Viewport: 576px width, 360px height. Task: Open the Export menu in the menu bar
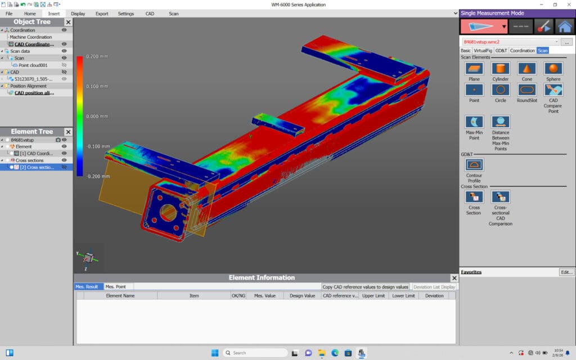coord(102,13)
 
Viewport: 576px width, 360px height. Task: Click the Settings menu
coord(126,13)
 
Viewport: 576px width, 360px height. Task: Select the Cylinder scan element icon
coord(500,69)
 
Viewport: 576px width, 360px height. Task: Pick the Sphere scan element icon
coord(553,69)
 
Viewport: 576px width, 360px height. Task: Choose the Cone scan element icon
coord(526,69)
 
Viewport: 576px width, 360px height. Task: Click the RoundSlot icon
coord(526,90)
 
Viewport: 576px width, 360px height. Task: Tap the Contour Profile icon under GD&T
coord(474,165)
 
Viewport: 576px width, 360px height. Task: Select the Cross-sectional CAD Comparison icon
coord(500,197)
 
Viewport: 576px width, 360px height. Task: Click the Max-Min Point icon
coord(474,121)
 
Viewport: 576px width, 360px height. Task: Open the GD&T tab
coord(501,51)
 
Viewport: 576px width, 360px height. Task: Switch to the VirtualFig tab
coord(483,51)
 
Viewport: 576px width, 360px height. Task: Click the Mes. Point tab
coord(116,287)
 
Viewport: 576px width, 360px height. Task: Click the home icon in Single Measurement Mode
coord(565,26)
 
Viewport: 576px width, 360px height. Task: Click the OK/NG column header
coord(238,295)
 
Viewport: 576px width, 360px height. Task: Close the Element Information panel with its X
coord(454,278)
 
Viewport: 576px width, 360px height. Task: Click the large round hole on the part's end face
coord(168,213)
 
